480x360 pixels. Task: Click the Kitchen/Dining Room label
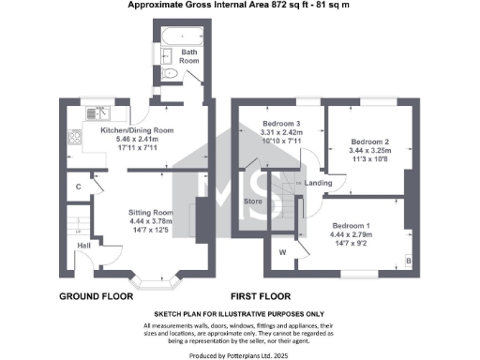(137, 129)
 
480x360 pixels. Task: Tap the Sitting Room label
(151, 213)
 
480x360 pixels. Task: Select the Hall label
(83, 247)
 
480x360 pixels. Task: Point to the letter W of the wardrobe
(282, 251)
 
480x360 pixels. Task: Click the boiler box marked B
(407, 259)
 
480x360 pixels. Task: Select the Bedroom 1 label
(361, 226)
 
